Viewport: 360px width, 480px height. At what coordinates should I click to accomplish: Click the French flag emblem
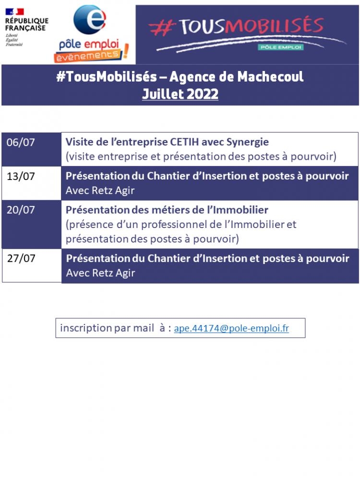tap(14, 12)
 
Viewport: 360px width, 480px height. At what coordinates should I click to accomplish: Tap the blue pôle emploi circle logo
tap(89, 20)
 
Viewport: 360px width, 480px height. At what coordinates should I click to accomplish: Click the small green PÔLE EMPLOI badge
tap(280, 47)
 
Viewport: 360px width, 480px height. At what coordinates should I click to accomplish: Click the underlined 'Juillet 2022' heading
tap(180, 94)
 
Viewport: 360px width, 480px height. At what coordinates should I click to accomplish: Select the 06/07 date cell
tap(21, 143)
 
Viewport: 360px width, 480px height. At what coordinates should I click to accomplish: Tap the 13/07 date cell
tap(21, 176)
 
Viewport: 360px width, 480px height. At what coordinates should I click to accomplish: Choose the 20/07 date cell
tap(21, 210)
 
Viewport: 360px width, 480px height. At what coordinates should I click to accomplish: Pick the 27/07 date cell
tap(21, 258)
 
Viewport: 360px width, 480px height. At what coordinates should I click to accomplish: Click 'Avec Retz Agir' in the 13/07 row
tap(100, 191)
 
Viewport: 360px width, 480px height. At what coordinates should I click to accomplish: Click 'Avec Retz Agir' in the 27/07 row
tap(100, 273)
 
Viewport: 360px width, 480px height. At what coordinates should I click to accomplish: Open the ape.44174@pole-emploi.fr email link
tap(231, 328)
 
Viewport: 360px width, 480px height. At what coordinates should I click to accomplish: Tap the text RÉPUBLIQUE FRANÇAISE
tap(27, 24)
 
